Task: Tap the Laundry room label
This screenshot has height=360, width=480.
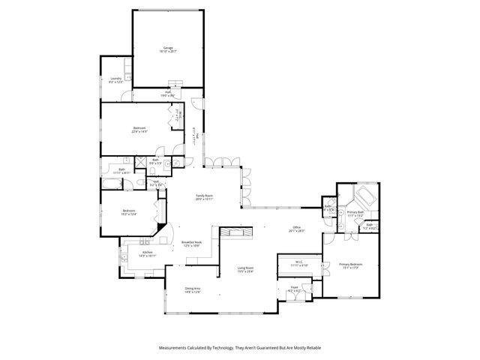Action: (116, 78)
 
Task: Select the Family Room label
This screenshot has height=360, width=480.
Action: (205, 196)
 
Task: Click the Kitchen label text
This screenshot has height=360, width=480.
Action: (147, 253)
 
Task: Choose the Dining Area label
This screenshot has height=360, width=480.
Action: (193, 289)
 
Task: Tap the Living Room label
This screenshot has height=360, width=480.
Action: (245, 268)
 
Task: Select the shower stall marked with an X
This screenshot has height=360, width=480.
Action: (139, 160)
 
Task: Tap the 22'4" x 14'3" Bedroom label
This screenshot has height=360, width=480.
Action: (139, 128)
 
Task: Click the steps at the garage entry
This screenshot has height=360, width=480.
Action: (175, 84)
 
